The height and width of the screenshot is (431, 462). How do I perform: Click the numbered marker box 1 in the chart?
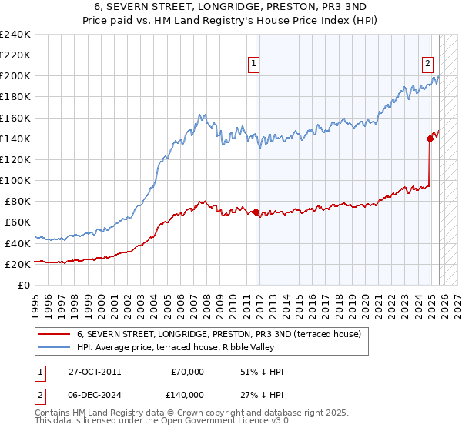(253, 65)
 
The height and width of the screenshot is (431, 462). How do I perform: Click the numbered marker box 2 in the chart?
(427, 65)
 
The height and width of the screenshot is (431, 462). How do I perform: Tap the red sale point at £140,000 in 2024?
(430, 139)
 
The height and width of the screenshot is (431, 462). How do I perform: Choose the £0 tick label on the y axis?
(24, 285)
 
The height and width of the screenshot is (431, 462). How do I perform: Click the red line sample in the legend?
(53, 334)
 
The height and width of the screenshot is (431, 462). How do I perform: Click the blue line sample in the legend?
(53, 347)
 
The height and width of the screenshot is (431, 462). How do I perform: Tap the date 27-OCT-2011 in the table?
(93, 372)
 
